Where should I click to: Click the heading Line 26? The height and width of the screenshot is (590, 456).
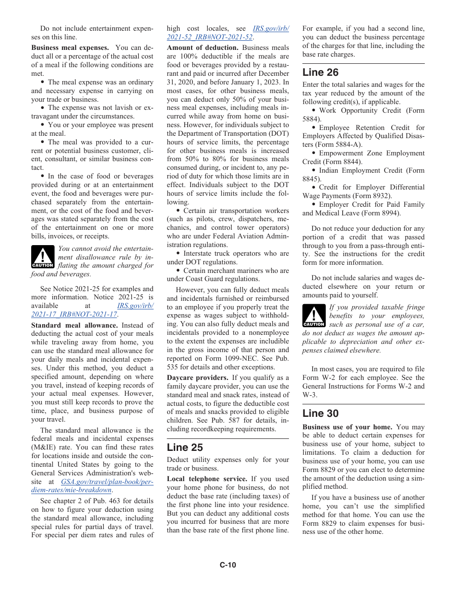pyautogui.click(x=320, y=72)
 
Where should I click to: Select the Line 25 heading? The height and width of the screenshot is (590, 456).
pyautogui.click(x=185, y=448)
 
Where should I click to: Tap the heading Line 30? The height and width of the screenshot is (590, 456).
pyautogui.click(x=320, y=413)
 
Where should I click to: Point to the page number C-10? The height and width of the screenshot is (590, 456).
pyautogui.click(x=228, y=565)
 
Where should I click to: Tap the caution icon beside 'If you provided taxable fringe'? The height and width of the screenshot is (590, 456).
pyautogui.click(x=314, y=316)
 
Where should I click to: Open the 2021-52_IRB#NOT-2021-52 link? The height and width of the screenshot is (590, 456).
pyautogui.click(x=210, y=37)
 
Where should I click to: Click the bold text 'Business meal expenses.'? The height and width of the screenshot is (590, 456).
pyautogui.click(x=70, y=47)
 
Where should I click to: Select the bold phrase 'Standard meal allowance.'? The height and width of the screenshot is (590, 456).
pyautogui.click(x=74, y=325)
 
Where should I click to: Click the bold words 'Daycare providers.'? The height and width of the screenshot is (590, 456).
pyautogui.click(x=197, y=378)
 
